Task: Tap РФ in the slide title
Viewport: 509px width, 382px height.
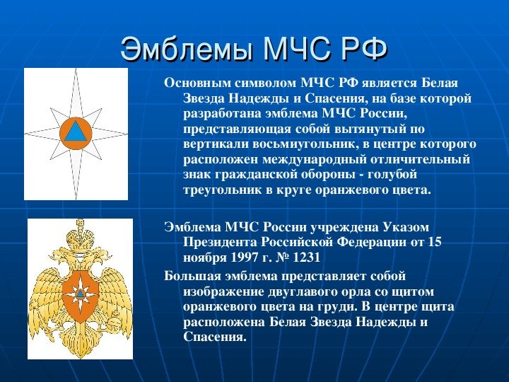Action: tap(364, 49)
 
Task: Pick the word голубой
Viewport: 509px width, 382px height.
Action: tap(392, 175)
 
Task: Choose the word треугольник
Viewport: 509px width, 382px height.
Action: tap(223, 190)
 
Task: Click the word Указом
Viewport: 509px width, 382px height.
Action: tap(406, 227)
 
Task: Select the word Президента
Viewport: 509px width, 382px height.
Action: tap(221, 243)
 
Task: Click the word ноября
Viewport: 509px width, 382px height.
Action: tap(205, 258)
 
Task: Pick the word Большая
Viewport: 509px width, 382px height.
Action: tap(192, 277)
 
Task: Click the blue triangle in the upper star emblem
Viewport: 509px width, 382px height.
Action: tap(76, 132)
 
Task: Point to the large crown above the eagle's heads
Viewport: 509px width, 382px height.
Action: tap(79, 236)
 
